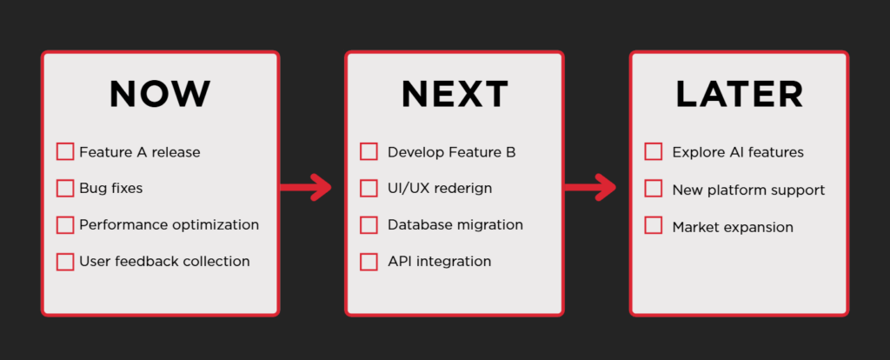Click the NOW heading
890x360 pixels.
160,95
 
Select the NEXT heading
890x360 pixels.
455,95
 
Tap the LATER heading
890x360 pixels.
740,95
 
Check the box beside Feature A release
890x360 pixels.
65,152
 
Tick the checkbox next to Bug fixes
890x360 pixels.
65,188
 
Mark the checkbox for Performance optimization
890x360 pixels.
65,224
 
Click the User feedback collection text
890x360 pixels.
164,261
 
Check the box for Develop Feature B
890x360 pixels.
369,152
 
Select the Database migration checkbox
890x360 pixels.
369,224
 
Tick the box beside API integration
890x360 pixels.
369,261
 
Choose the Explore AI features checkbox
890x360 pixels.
654,152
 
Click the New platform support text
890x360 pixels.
748,190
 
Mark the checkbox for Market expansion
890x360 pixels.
654,226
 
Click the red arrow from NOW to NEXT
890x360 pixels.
306,186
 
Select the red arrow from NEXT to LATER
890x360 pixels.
591,186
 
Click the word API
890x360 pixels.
399,261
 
